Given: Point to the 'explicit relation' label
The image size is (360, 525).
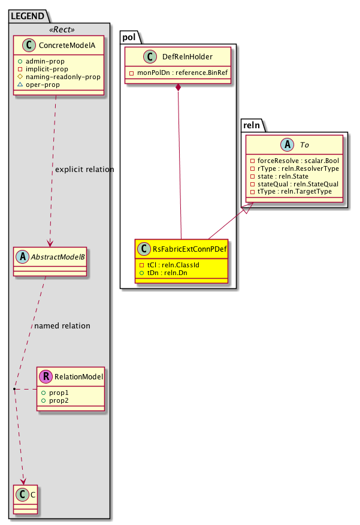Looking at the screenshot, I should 84,170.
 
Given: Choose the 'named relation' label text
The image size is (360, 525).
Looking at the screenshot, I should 62,326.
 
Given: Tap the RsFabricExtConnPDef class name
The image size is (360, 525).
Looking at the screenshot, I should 189,248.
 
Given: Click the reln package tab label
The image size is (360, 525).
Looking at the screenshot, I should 253,124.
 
